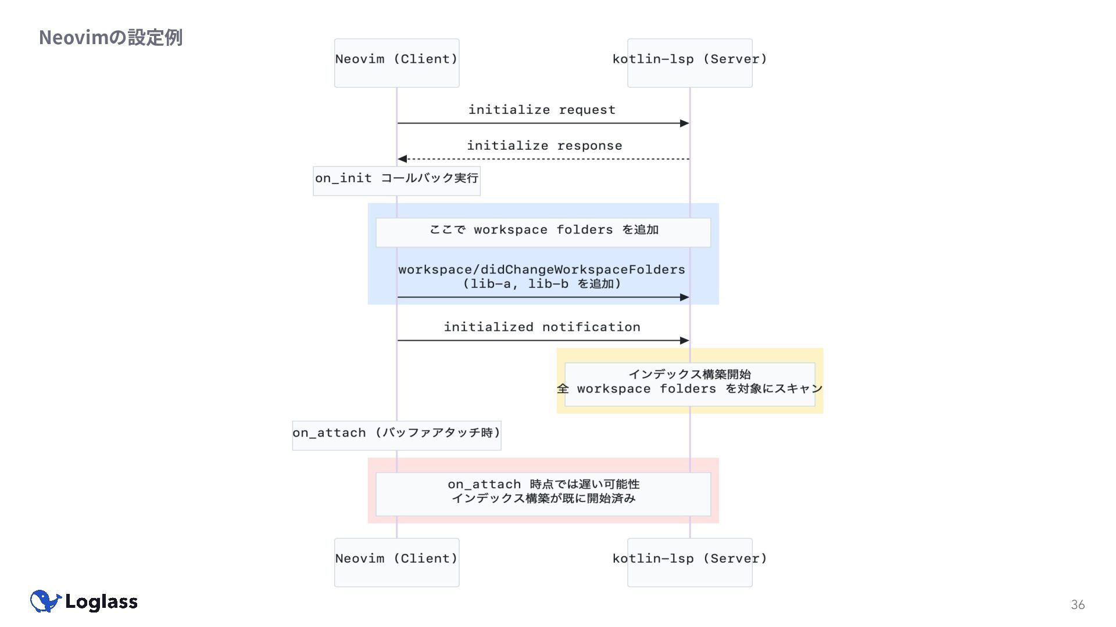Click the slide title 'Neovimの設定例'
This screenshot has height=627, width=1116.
(x=110, y=38)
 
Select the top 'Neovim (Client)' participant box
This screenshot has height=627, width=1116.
(x=396, y=63)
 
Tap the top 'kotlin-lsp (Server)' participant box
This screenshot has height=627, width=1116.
(x=689, y=63)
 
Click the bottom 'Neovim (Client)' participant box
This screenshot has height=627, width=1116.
(x=396, y=562)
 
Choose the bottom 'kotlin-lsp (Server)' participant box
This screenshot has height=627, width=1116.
(x=689, y=562)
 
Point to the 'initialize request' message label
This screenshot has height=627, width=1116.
(x=542, y=110)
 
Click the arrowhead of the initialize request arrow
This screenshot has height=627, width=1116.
(x=685, y=123)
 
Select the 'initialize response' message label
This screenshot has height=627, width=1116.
(x=544, y=146)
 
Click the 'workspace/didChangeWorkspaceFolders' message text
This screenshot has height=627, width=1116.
(x=542, y=269)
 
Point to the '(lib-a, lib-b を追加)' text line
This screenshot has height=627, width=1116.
(x=542, y=284)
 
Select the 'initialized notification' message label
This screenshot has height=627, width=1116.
(x=542, y=327)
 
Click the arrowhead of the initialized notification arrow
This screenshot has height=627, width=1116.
(x=685, y=340)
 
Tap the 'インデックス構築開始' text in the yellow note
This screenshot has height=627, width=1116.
(x=689, y=374)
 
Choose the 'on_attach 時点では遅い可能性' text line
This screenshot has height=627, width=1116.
(x=543, y=484)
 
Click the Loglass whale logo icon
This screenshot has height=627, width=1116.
(x=45, y=601)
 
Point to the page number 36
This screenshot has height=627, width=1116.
(x=1077, y=605)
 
